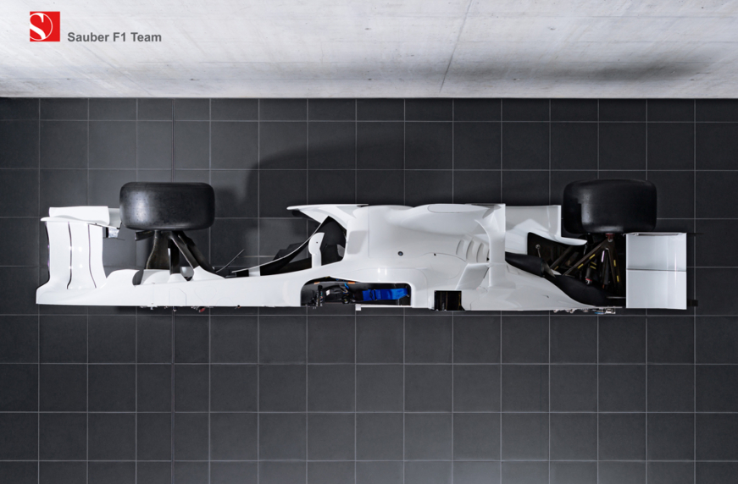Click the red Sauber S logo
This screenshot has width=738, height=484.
point(45,26)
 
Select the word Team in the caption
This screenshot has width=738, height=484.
point(146,37)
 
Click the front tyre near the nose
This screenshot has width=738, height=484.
point(167,206)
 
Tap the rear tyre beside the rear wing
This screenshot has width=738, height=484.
point(609,206)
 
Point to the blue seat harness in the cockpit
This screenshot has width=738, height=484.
point(384,294)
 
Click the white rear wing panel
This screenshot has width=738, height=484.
point(656,271)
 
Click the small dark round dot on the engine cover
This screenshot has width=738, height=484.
point(400,253)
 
